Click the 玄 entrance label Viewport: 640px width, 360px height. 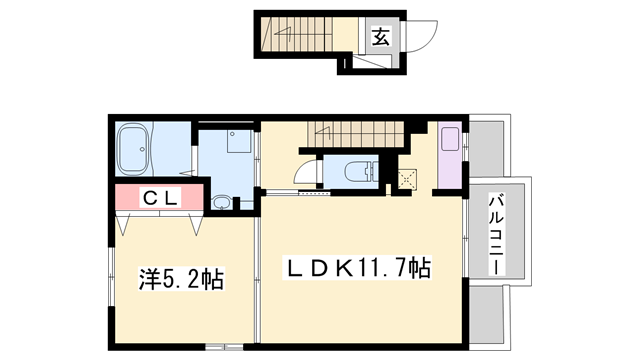click(x=382, y=37)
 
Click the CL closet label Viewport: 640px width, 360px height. click(x=159, y=198)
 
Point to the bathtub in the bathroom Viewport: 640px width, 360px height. click(x=135, y=150)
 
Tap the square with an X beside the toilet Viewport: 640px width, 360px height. click(x=408, y=180)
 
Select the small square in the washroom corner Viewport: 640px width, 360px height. click(x=237, y=141)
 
